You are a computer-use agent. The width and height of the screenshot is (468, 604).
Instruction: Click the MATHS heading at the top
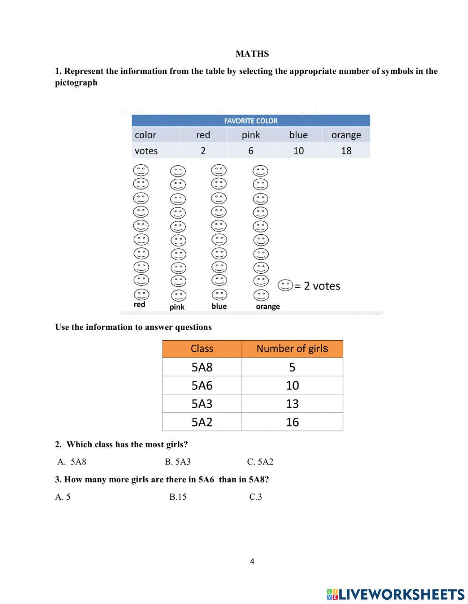click(x=252, y=54)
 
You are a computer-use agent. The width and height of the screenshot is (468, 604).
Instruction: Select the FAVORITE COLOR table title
click(x=251, y=121)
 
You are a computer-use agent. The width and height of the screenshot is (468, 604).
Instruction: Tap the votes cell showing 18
click(x=346, y=151)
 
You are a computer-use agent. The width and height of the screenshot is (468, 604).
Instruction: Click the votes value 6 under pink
click(x=251, y=151)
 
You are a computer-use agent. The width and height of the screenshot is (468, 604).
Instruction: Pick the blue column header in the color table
click(x=298, y=135)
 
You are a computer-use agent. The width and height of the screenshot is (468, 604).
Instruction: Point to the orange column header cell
click(x=346, y=135)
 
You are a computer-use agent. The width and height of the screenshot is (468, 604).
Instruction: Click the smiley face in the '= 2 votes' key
click(x=285, y=285)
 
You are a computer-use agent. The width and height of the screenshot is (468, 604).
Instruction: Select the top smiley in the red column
click(x=141, y=170)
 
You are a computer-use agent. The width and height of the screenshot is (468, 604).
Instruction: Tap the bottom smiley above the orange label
click(x=261, y=295)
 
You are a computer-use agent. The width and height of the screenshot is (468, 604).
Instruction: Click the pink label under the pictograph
click(x=177, y=307)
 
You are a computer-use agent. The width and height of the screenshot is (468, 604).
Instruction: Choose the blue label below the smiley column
click(x=219, y=306)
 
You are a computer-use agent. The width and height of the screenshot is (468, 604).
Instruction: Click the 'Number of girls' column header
click(x=292, y=349)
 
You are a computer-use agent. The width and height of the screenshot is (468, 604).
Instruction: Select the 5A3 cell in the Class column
click(x=202, y=404)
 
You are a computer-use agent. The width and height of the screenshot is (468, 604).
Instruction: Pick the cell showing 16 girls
click(x=292, y=422)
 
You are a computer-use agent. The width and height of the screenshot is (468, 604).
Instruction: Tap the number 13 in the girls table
click(x=292, y=404)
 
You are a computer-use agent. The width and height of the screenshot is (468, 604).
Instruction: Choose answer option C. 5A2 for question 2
click(x=260, y=462)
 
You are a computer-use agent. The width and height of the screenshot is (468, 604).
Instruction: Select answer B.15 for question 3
click(x=178, y=497)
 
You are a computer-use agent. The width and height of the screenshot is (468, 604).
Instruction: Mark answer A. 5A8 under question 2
click(x=72, y=462)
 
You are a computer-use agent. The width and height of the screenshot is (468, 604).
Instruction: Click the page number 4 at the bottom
click(x=252, y=561)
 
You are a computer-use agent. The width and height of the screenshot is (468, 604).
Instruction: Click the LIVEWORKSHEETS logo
click(x=395, y=594)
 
